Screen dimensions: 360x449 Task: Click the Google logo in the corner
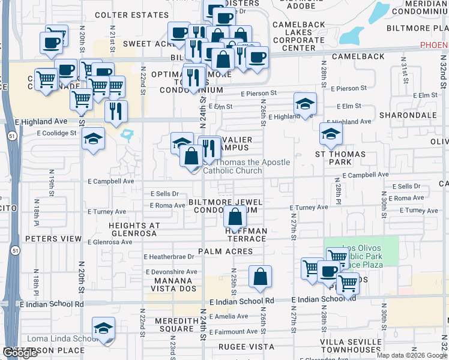pos(20,353)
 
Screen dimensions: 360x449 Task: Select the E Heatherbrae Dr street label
pos(169,257)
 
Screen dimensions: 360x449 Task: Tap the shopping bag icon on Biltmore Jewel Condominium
pos(236,216)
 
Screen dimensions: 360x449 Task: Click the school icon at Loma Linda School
pos(104,329)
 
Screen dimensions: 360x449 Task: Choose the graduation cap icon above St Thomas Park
pos(331,134)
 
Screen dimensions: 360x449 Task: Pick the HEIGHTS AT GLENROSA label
pos(133,230)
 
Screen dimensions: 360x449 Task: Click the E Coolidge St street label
pos(57,133)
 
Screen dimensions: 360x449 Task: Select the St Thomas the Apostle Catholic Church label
pos(246,166)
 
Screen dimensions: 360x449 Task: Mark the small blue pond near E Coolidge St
pos(127,134)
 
